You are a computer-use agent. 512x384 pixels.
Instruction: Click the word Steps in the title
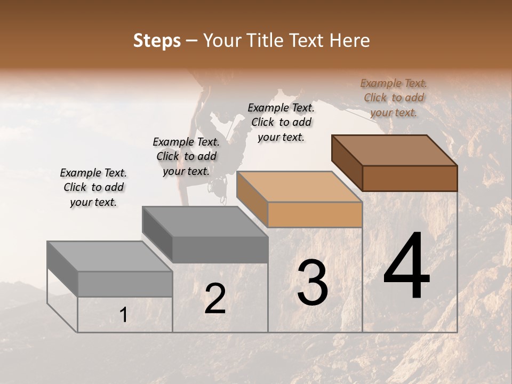pos(156,41)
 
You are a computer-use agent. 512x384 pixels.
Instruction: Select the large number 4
pos(407,267)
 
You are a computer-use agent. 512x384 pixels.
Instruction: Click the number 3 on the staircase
pos(313,282)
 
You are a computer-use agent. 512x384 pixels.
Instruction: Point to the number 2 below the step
pos(215,299)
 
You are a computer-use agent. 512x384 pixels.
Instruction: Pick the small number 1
pos(123,315)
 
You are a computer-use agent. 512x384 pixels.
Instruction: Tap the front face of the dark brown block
pos(410,178)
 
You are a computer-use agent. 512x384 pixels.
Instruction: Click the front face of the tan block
pos(315,215)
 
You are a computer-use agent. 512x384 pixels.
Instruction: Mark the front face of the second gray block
pos(220,250)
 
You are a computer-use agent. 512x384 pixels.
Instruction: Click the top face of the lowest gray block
pos(110,257)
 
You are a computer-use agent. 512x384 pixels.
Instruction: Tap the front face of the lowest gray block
pos(125,284)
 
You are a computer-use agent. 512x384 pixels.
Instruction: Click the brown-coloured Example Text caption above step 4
pos(394,98)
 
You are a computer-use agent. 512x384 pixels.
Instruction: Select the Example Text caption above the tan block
pos(281,122)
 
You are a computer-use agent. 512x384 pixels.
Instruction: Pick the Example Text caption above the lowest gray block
pos(93,187)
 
